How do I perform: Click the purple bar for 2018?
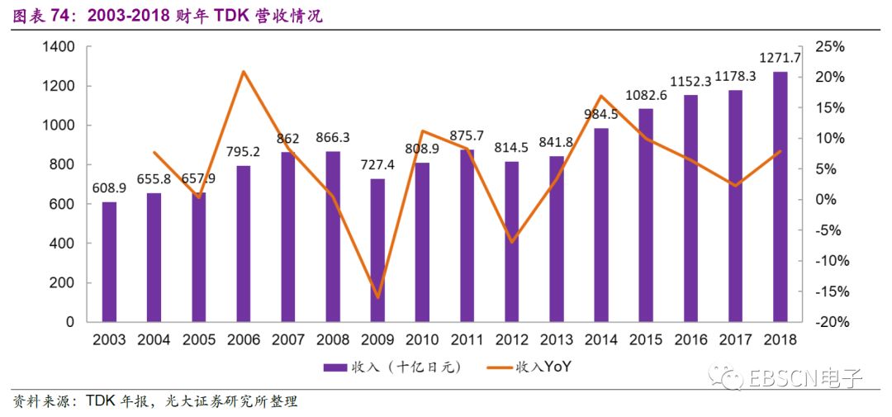click(x=780, y=197)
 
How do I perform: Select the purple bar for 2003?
click(x=109, y=262)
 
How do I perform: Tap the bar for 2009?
click(x=377, y=250)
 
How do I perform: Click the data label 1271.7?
click(x=780, y=58)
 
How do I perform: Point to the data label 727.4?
click(x=377, y=164)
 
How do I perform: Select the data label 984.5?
click(x=600, y=114)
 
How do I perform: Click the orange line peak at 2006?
click(x=243, y=72)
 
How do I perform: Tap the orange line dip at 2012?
click(x=511, y=242)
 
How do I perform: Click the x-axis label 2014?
click(x=600, y=339)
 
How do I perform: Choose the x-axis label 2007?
click(x=287, y=339)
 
